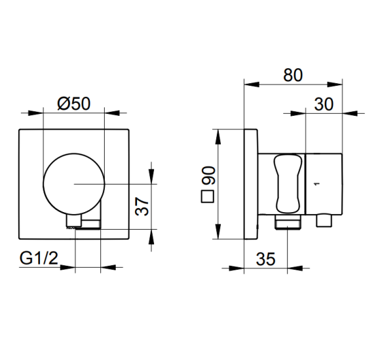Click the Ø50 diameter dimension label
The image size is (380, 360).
click(x=74, y=103)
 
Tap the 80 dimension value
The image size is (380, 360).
click(x=293, y=75)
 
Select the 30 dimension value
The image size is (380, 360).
click(x=324, y=104)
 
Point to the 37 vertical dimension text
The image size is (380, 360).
click(x=142, y=206)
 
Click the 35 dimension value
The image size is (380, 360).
click(x=265, y=259)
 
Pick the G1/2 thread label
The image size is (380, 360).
click(x=39, y=258)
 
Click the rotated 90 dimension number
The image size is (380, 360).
click(x=208, y=175)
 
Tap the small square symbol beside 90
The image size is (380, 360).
click(x=208, y=196)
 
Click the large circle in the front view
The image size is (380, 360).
click(x=74, y=153)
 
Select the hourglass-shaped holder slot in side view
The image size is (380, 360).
click(x=288, y=184)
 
